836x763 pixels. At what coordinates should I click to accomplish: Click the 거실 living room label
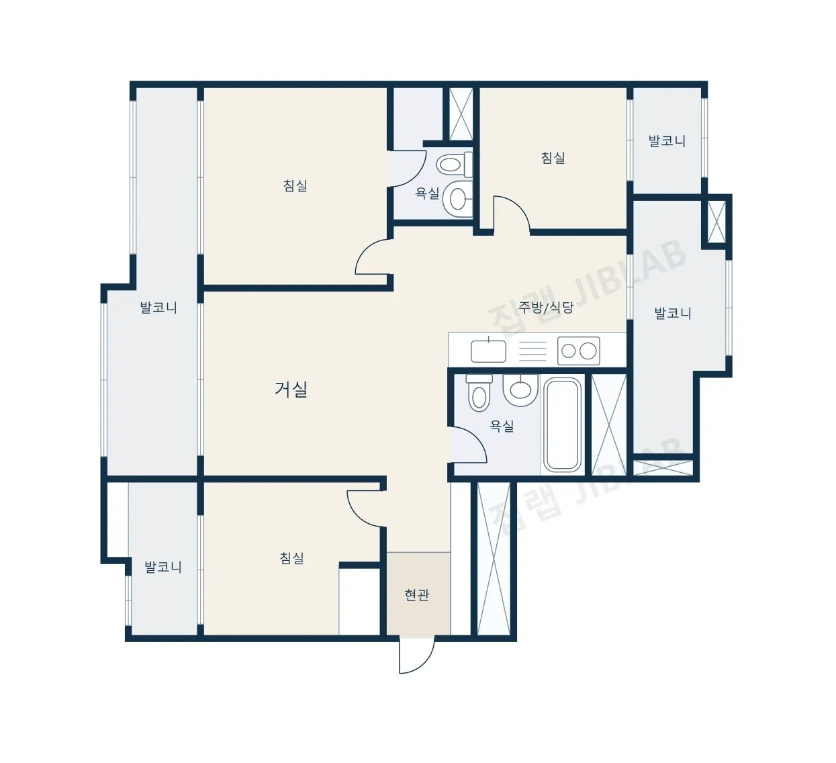coord(291,390)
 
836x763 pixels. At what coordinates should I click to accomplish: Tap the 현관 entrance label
coord(417,594)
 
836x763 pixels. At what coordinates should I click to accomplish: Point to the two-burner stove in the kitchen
coord(579,351)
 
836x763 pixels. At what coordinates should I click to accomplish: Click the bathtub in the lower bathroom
coord(563,424)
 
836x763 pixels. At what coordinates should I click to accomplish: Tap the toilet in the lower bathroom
coord(479,392)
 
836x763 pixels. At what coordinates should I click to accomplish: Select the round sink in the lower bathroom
coord(520,390)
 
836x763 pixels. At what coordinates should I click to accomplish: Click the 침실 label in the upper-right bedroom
coord(553,158)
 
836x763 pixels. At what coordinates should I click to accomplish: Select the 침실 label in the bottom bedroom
coord(291,558)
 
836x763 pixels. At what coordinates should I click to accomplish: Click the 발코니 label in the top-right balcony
coord(667,141)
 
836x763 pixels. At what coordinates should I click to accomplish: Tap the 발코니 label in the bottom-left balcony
coord(163,567)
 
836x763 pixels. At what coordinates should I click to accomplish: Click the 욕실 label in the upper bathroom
coord(428,193)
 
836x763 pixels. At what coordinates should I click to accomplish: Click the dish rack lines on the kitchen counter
coord(532,351)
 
